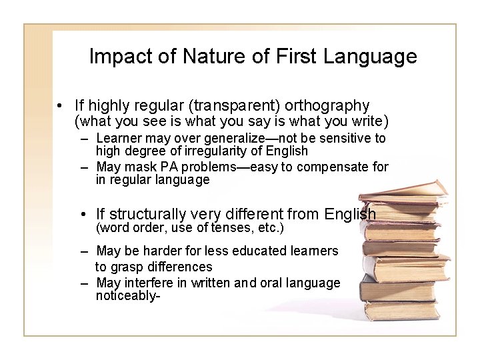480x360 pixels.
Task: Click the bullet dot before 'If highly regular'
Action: pyautogui.click(x=60, y=106)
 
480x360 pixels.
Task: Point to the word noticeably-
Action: pyautogui.click(x=127, y=296)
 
